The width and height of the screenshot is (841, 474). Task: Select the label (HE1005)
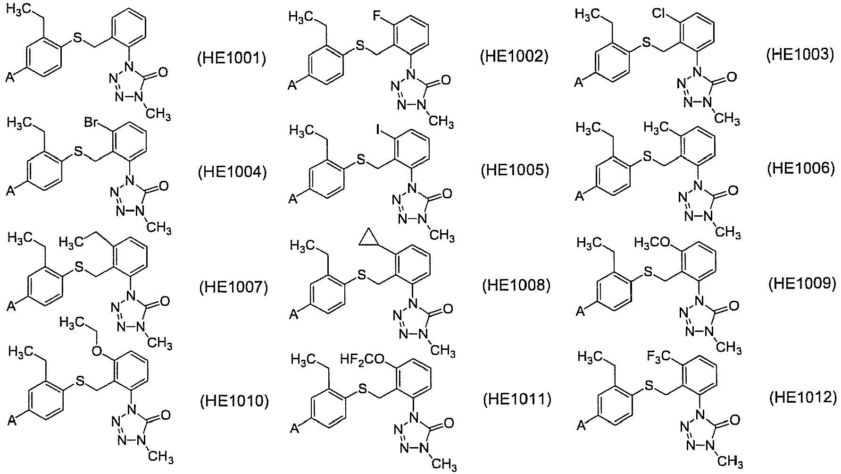point(515,170)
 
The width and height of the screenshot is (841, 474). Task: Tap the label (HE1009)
point(802,283)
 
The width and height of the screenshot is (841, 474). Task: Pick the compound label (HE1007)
point(233,287)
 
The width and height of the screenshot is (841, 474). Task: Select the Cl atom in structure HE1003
point(661,13)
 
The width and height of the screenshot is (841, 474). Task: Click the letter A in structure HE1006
point(579,196)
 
